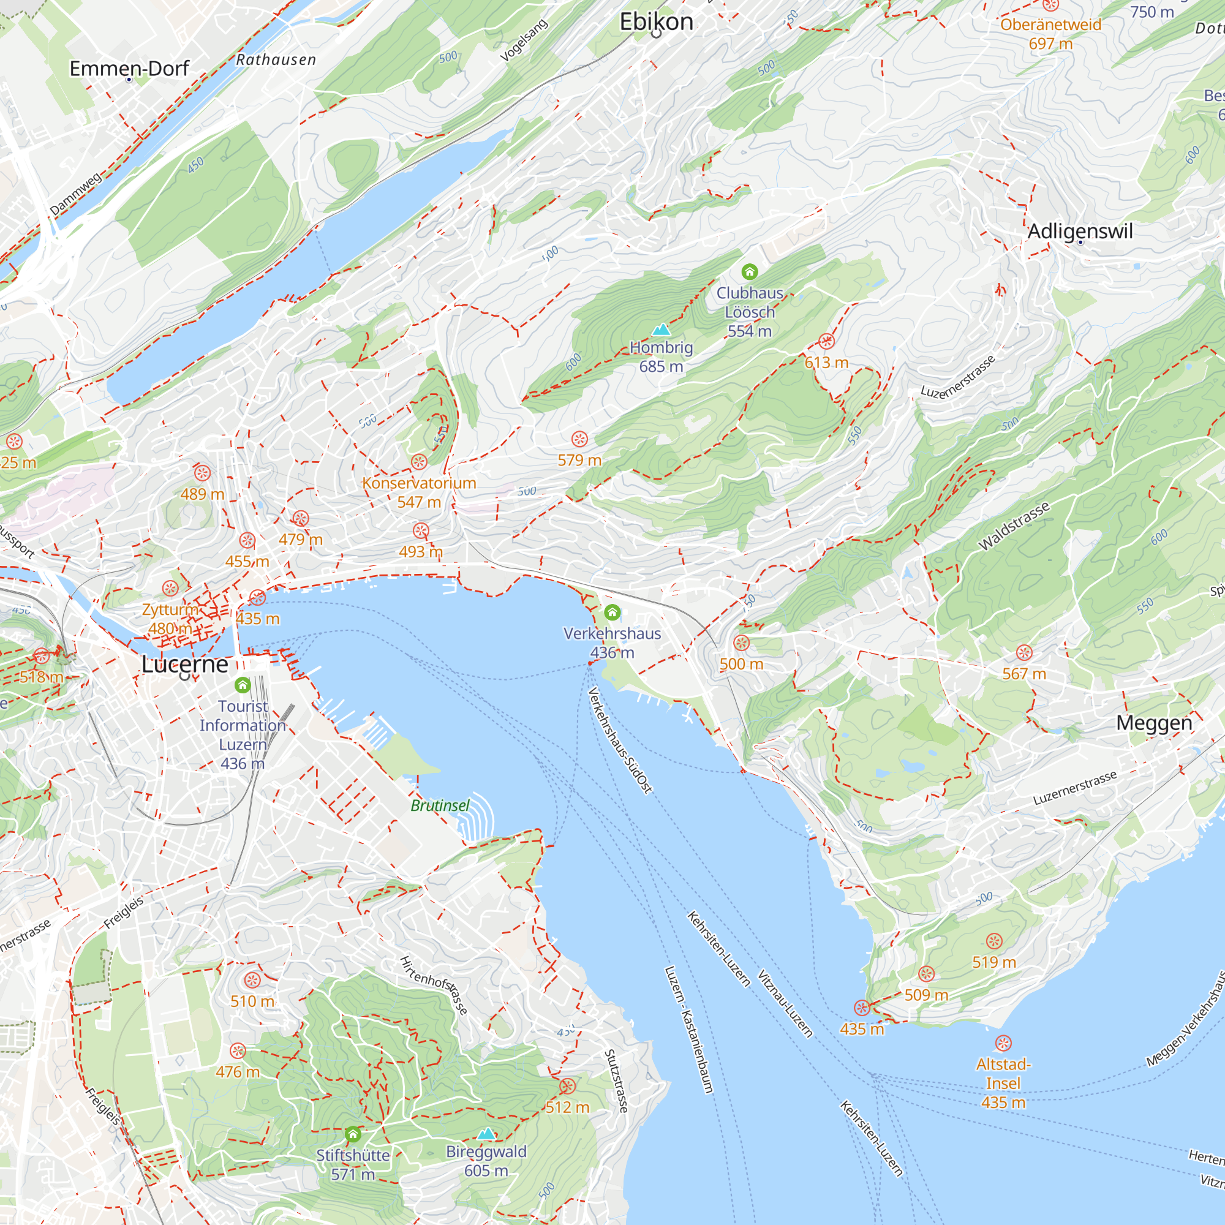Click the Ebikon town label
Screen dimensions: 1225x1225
656,21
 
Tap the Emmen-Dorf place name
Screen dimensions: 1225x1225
129,69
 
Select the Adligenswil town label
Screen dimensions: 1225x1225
1080,232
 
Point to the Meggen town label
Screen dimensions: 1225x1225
1154,723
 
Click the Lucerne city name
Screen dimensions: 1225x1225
184,664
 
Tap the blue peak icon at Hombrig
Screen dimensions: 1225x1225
661,329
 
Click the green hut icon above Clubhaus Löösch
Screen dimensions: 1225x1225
750,272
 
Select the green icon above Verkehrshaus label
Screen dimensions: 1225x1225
612,612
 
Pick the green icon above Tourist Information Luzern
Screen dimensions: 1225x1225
242,685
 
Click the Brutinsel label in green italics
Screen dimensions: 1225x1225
440,805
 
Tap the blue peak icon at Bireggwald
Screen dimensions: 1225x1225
486,1133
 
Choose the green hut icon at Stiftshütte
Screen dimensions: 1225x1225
353,1134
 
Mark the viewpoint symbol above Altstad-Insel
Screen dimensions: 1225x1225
1003,1043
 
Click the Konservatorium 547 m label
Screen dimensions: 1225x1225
419,492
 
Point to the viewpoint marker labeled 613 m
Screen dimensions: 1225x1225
826,342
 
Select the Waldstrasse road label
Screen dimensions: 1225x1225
1014,526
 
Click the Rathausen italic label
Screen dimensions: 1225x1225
276,60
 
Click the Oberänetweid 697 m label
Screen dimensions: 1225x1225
1050,34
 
